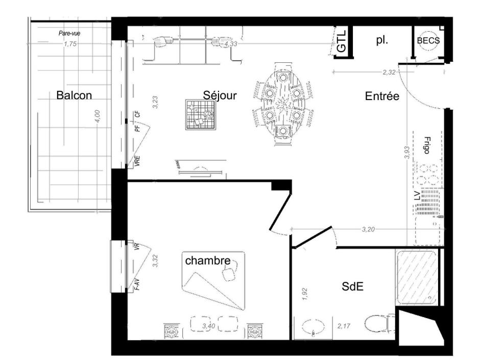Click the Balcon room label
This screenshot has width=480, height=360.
pyautogui.click(x=74, y=95)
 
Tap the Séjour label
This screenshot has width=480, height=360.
pyautogui.click(x=220, y=95)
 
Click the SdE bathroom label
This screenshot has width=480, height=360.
pyautogui.click(x=352, y=287)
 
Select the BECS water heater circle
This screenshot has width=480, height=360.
pyautogui.click(x=428, y=41)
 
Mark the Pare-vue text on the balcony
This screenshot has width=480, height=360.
pyautogui.click(x=69, y=34)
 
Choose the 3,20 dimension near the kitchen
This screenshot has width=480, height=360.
pyautogui.click(x=369, y=230)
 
